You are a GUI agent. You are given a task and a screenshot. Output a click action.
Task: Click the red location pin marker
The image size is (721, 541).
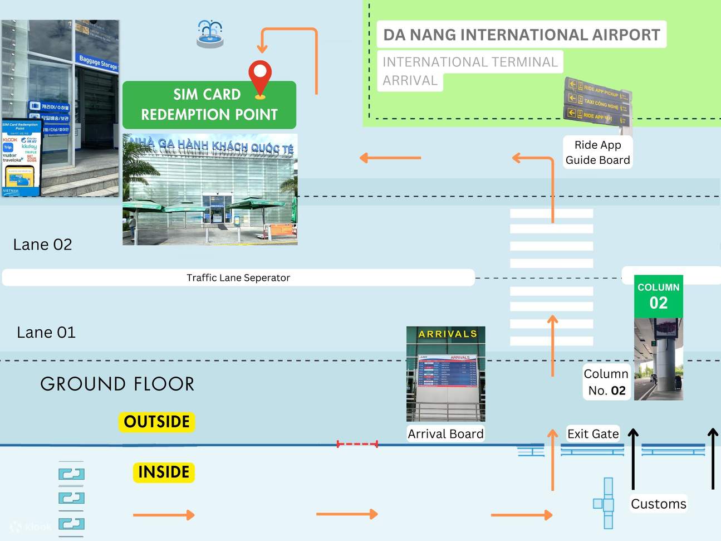259,76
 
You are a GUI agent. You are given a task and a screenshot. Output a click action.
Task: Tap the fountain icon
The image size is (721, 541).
210,34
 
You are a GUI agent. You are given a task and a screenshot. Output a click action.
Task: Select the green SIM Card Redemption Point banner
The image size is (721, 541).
209,105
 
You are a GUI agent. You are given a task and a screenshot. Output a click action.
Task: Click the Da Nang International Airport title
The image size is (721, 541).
521,35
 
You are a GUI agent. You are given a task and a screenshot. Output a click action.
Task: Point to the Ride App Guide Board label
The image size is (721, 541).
597,152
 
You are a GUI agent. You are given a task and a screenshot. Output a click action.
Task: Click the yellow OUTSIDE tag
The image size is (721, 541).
156,422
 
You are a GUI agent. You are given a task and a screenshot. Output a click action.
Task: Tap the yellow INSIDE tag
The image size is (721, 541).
164,472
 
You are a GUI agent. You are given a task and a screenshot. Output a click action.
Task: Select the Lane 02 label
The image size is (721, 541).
43,245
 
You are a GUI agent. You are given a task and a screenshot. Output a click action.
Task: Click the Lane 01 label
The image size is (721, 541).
46,333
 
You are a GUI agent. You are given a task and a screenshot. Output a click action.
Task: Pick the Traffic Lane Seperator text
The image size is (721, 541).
238,277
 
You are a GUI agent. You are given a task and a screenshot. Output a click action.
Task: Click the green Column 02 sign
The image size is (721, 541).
658,296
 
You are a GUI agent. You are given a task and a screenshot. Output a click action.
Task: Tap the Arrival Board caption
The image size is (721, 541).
445,434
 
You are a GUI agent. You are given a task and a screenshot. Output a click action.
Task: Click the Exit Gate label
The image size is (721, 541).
593,434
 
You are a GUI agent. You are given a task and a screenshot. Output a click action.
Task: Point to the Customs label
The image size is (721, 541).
658,504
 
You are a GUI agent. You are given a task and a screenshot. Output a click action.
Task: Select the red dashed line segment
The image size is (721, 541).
357,444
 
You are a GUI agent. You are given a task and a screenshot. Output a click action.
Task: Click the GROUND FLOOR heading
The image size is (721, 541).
117,384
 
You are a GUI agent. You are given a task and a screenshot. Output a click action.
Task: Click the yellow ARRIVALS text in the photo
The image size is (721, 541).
448,334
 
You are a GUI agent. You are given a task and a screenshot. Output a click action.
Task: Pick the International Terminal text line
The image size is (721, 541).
470,62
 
